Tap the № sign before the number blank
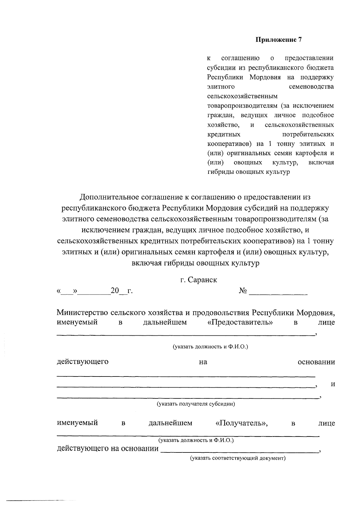[243, 291]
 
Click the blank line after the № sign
[278, 294]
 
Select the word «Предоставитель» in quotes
[240, 322]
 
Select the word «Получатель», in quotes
[241, 423]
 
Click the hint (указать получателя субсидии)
[196, 404]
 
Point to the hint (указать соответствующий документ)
[238, 458]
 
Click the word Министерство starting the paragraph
[82, 313]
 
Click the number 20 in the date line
[115, 291]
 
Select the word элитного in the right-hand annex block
[220, 87]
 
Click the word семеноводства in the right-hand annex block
[311, 87]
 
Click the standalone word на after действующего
[203, 362]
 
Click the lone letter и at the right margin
[332, 384]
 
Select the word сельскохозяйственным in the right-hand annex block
[242, 96]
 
